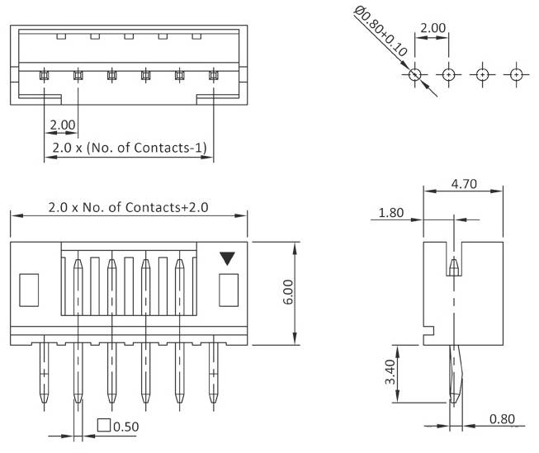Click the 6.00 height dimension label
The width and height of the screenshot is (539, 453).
tap(288, 293)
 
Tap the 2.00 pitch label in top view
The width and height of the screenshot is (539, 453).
tap(62, 125)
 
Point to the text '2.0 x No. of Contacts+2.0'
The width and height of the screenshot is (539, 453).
tap(128, 207)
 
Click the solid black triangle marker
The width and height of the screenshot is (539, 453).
tap(227, 258)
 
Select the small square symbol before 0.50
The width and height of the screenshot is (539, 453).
tap(104, 426)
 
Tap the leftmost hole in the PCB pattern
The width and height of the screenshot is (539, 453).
tap(415, 75)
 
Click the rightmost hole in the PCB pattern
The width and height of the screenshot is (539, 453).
tap(515, 75)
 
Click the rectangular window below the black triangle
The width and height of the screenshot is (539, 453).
tap(227, 289)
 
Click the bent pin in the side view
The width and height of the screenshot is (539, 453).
tap(456, 375)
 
